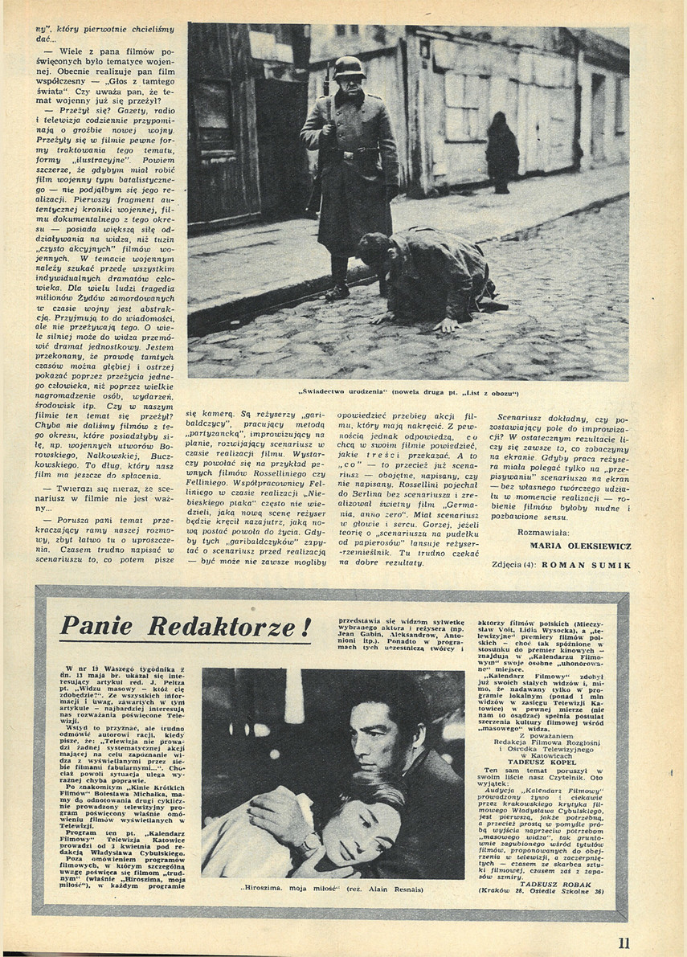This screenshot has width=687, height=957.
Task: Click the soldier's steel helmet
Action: coord(350,67)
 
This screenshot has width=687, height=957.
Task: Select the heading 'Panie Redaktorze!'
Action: coord(186,627)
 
